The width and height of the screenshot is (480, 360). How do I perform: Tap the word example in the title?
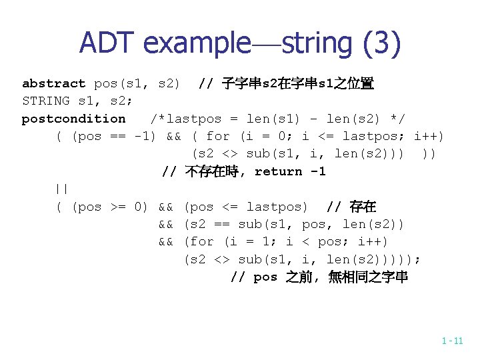coord(193,43)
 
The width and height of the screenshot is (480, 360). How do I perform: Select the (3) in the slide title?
coord(382,43)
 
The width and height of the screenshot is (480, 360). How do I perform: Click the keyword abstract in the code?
coord(54,83)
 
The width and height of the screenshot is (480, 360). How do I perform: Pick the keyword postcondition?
coord(73,119)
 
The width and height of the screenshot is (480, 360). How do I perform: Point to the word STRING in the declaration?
coord(46,101)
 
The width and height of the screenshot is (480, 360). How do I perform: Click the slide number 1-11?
coord(452,341)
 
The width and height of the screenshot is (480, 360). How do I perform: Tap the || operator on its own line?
coord(62,189)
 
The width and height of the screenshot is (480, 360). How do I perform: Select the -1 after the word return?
coord(317,171)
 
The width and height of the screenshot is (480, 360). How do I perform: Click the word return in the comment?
coord(278,171)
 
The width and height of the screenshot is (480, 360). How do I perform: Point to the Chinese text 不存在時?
coord(210,171)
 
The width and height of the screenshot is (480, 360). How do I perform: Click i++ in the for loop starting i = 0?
coord(429,137)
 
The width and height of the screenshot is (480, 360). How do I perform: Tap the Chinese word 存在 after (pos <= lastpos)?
coord(363,207)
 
